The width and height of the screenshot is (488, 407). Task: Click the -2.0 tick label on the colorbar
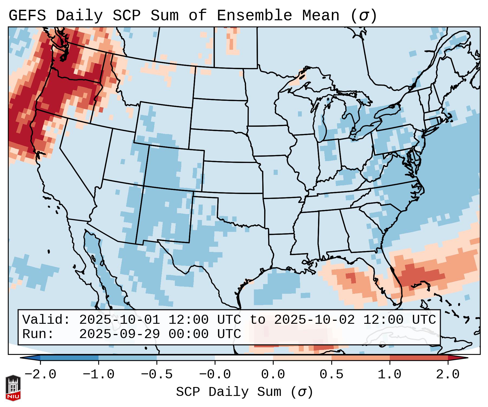(40, 375)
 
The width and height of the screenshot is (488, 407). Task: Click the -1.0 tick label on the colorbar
(99, 375)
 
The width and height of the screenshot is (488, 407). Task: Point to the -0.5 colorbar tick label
(157, 375)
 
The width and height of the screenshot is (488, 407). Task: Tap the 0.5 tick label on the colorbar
(332, 375)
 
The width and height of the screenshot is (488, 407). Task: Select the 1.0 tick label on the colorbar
(390, 375)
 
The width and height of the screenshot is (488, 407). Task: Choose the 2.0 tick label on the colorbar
(448, 375)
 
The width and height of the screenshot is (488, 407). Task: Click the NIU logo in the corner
(13, 388)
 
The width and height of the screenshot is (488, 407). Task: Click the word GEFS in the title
(27, 16)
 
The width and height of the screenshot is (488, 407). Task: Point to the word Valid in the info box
(46, 320)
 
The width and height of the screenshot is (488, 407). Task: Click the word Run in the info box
(38, 334)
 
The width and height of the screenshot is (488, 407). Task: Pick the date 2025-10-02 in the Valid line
(314, 320)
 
